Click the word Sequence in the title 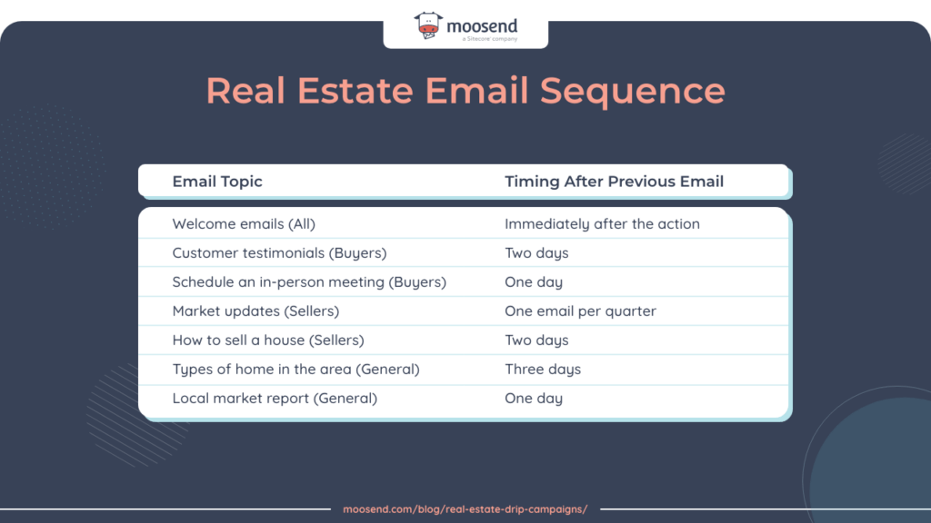click(x=633, y=91)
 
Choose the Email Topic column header click(x=217, y=182)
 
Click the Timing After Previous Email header click(x=614, y=182)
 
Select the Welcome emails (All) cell click(x=244, y=224)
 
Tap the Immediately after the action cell click(x=602, y=224)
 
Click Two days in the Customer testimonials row click(x=536, y=253)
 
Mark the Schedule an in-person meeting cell click(x=309, y=282)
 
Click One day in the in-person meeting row click(x=534, y=282)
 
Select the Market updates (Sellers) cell click(x=255, y=311)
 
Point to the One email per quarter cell click(x=580, y=311)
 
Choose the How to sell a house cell click(x=268, y=340)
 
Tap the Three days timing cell click(x=543, y=370)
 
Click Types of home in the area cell click(x=295, y=370)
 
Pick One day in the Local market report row click(x=534, y=399)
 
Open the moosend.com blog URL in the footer click(x=465, y=509)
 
